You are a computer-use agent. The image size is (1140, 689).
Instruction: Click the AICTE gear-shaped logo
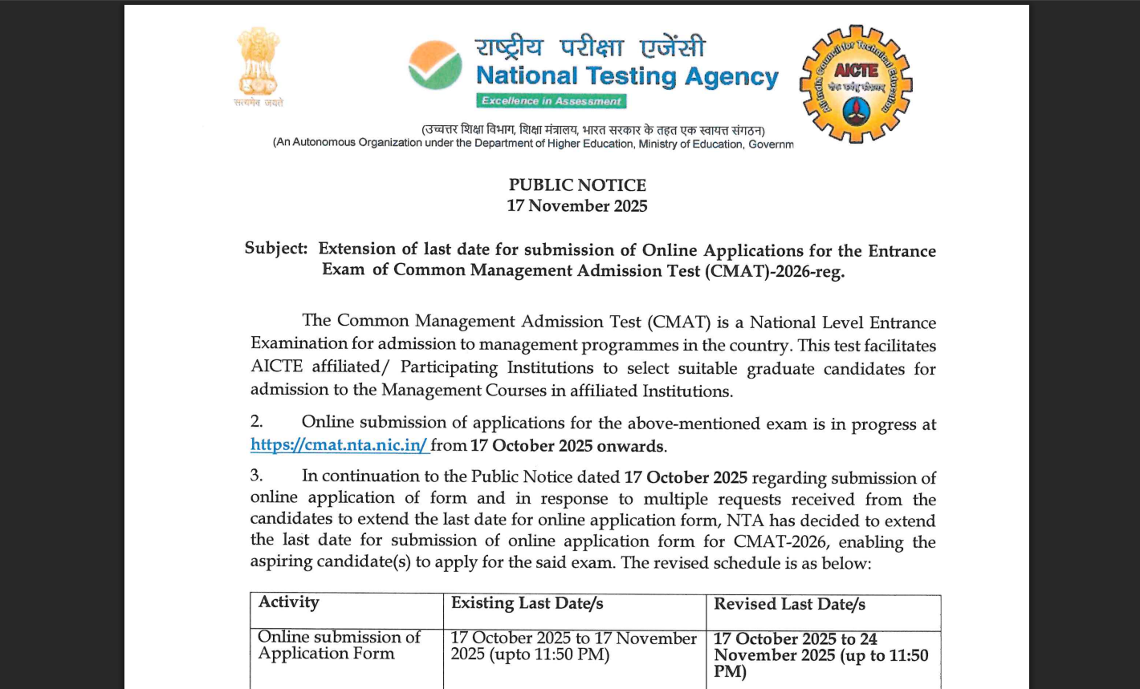[856, 83]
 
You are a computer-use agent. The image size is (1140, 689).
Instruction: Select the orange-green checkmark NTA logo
[435, 65]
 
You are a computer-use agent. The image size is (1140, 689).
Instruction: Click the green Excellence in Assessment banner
[551, 101]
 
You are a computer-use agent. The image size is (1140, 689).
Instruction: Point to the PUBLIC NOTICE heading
[577, 185]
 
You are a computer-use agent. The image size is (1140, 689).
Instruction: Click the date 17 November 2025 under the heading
[577, 206]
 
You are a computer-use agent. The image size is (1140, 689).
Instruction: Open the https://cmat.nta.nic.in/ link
[340, 445]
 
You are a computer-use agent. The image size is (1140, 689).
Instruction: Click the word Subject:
[275, 249]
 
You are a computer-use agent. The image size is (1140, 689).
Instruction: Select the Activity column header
[289, 602]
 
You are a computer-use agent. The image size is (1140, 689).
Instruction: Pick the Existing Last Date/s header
[527, 603]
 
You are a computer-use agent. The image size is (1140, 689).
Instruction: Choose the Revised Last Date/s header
[790, 604]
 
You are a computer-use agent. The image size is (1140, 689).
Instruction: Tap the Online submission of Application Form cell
[339, 646]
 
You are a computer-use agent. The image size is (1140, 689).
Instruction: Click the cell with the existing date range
[573, 646]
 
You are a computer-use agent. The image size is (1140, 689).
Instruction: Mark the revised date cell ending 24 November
[820, 655]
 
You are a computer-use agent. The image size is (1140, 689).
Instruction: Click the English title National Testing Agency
[627, 76]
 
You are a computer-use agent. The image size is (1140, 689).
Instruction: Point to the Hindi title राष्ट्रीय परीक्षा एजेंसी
[590, 47]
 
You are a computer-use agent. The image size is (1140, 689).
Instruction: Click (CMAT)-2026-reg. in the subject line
[776, 271]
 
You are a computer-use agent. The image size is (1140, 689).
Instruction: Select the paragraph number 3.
[256, 476]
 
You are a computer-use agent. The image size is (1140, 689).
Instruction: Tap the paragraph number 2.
[256, 422]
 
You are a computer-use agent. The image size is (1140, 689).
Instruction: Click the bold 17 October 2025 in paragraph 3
[686, 477]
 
